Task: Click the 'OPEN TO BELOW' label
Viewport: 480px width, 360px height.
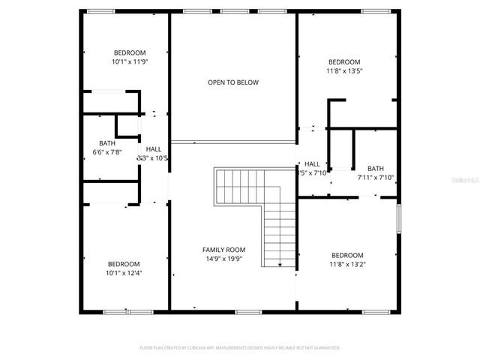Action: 233,82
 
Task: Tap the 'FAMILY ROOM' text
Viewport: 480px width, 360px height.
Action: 223,250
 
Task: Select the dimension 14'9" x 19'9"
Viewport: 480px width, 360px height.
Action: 223,259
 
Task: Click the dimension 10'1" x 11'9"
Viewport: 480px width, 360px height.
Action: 130,62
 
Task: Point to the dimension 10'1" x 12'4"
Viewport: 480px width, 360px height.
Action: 124,273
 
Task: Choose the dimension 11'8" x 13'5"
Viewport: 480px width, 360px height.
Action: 344,71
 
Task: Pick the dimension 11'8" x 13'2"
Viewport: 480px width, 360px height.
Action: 347,264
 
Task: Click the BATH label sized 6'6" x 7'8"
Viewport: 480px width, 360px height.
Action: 106,143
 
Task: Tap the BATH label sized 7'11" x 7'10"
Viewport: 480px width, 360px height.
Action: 376,169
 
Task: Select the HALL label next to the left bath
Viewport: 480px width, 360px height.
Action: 153,149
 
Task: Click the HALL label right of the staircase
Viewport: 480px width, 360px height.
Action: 312,164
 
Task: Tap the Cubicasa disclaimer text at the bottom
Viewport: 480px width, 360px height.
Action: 240,348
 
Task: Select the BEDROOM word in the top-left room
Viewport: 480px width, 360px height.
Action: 130,52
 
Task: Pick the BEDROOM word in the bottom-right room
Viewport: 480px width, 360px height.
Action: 347,255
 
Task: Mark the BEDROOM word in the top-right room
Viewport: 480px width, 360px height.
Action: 344,62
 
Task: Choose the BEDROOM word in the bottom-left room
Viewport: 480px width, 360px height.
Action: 124,264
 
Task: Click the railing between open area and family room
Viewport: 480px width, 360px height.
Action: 233,141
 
